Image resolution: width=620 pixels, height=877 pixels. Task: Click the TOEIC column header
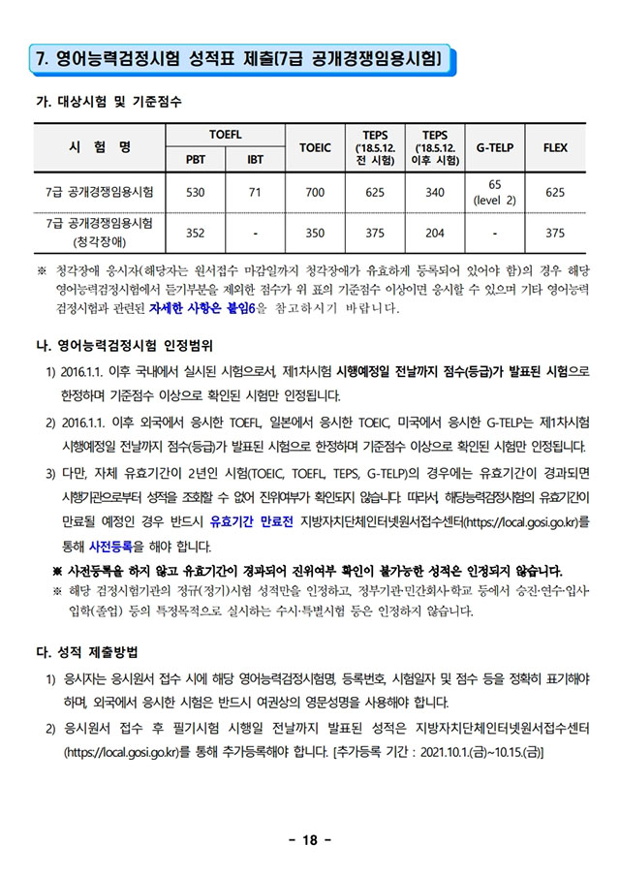click(315, 147)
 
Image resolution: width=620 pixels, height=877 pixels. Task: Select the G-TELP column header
click(495, 147)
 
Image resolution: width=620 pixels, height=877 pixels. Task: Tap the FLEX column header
click(555, 147)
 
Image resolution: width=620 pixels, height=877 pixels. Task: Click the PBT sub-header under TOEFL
click(195, 160)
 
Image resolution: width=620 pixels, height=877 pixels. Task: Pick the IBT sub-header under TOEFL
click(255, 160)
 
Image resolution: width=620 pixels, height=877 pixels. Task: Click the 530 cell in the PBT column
click(195, 192)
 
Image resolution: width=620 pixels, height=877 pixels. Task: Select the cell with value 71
click(255, 192)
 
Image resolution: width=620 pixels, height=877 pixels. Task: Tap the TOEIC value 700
click(315, 192)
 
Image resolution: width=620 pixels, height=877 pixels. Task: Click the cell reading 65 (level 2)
click(495, 192)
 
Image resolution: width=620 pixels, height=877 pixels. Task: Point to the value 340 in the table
click(435, 192)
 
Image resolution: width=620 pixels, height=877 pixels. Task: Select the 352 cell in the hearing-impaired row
click(195, 233)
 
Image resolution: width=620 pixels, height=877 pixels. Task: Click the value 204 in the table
click(435, 233)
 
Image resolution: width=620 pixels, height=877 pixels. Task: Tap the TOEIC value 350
click(315, 233)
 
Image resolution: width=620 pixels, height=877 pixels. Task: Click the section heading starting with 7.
click(238, 60)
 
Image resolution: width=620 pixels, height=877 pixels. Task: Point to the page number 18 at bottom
click(310, 839)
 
